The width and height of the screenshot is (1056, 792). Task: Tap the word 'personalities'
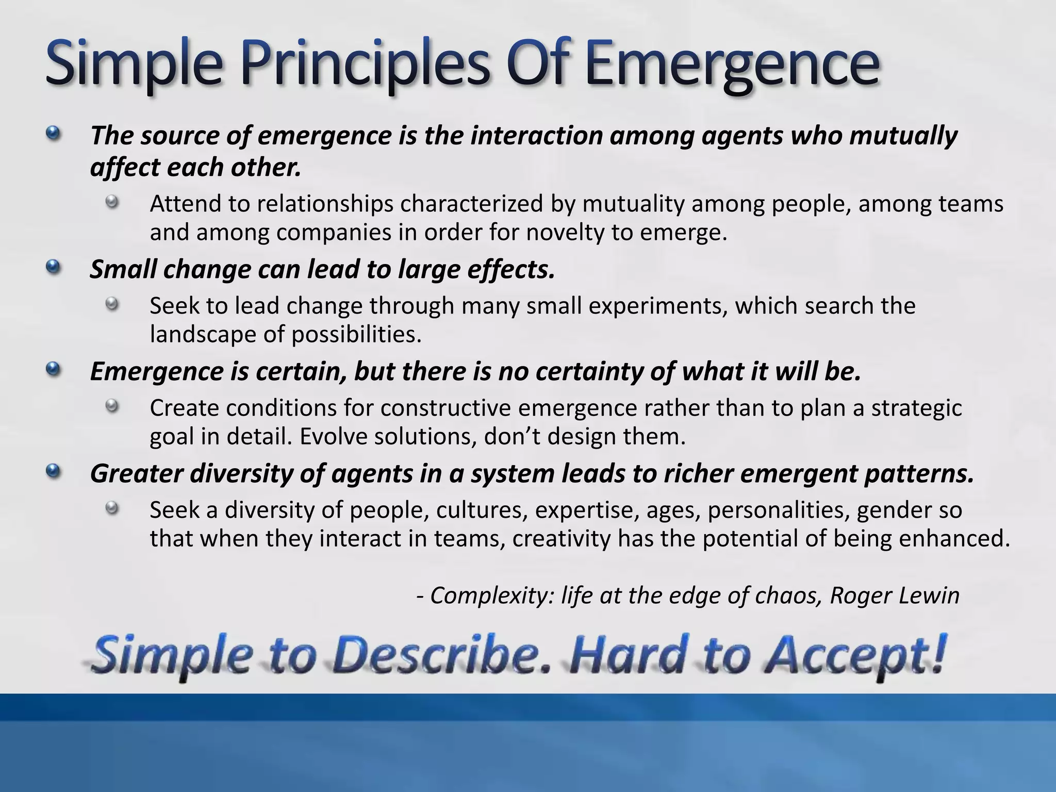click(x=778, y=510)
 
